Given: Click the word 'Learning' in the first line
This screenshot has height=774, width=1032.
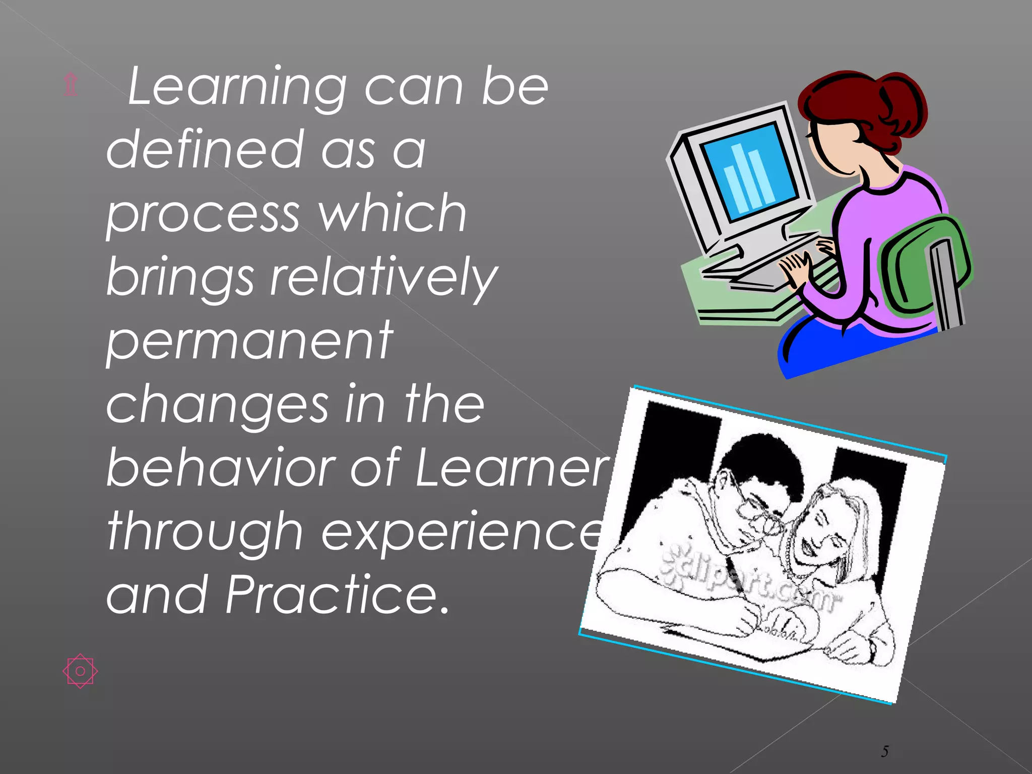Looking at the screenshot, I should point(237,88).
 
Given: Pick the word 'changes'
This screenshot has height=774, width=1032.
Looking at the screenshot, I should point(217,406).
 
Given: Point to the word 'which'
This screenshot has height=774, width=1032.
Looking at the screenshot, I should point(393,214).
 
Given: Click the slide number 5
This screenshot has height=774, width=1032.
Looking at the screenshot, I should point(885,751).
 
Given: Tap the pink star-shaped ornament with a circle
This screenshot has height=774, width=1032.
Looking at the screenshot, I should point(80,671).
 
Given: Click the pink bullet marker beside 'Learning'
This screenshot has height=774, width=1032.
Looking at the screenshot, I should point(71,85).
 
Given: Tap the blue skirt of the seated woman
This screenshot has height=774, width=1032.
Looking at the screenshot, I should point(847,348).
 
